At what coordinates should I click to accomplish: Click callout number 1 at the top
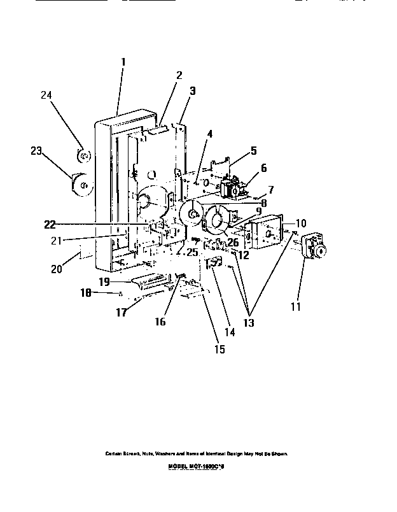click(123, 62)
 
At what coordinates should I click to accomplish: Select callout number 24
click(46, 95)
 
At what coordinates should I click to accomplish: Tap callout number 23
click(36, 151)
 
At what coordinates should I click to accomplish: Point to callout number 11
click(295, 307)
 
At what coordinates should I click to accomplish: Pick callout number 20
click(57, 269)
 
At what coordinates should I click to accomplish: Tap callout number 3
click(192, 91)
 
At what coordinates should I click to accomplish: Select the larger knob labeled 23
click(81, 184)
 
